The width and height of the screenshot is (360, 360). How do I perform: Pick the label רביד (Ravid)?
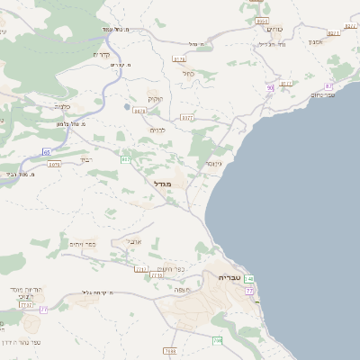pyautogui.click(x=86, y=159)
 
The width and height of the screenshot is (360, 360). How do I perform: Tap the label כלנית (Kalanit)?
pyautogui.click(x=62, y=105)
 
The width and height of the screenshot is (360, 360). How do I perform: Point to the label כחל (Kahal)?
pyautogui.click(x=187, y=74)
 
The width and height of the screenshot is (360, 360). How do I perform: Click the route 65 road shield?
pyautogui.click(x=46, y=153)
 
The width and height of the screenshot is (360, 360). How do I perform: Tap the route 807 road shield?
pyautogui.click(x=125, y=159)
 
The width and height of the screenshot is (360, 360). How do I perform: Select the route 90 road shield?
pyautogui.click(x=269, y=87)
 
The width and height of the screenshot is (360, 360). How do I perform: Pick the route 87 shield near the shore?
pyautogui.click(x=328, y=86)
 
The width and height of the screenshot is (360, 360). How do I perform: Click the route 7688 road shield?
pyautogui.click(x=170, y=350)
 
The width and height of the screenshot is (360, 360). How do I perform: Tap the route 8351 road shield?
pyautogui.click(x=262, y=20)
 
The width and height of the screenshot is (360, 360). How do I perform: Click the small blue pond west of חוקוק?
pyautogui.click(x=127, y=106)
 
